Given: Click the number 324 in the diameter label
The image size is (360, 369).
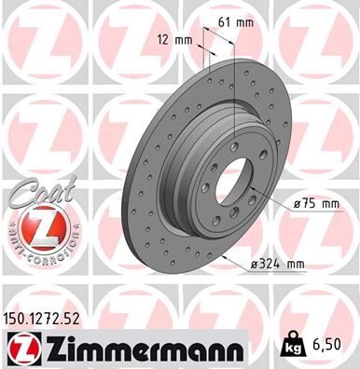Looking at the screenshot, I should pyautogui.click(x=266, y=266).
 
